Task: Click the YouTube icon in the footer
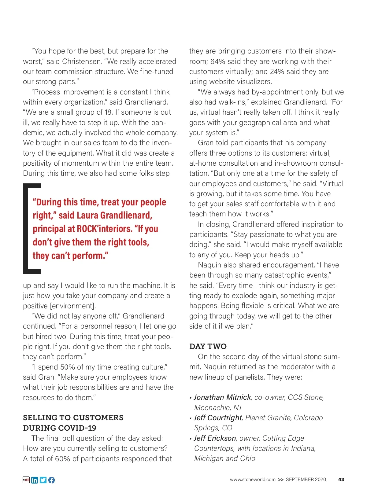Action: [26, 480]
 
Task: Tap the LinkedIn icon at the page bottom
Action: [35, 480]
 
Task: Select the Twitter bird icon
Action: [43, 480]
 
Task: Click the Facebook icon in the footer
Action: [52, 480]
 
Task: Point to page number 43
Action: [341, 480]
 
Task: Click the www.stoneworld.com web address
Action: [253, 480]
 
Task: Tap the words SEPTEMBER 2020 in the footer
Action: [306, 480]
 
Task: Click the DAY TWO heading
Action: [208, 346]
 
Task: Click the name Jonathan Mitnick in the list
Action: [222, 397]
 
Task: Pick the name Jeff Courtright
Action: [218, 418]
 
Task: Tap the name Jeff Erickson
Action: [215, 438]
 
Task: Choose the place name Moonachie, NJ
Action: [218, 408]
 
